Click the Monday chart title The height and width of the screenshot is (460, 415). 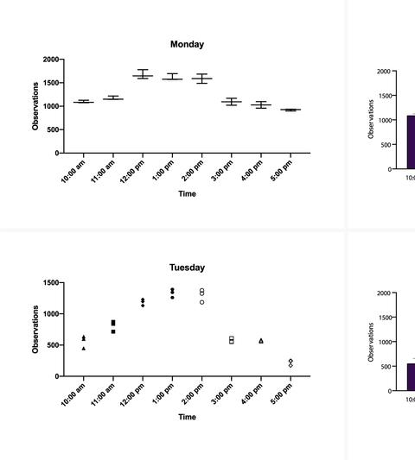coord(187,44)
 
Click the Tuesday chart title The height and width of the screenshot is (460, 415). coord(187,268)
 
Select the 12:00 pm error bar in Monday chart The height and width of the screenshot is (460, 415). coord(143,74)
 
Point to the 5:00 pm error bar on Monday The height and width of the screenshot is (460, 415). coord(290,110)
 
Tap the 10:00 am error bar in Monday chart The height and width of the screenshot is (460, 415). coord(84,102)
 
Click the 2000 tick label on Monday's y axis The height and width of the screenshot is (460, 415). coord(51,60)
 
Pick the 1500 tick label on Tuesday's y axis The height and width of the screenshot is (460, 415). coord(51,283)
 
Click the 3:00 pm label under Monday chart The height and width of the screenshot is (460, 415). coord(222,171)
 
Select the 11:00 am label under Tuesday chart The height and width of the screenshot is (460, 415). coord(103,394)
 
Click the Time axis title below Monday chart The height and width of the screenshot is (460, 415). coord(187,194)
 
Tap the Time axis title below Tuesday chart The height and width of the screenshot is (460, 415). coord(187,417)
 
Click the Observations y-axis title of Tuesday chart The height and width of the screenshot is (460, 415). coord(35,330)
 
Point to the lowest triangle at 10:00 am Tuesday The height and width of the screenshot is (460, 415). coord(84,349)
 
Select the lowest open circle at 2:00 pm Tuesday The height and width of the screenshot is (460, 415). coord(202,302)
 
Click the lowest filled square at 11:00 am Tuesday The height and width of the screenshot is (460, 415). coord(113,331)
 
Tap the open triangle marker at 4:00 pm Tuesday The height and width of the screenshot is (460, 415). coord(261,341)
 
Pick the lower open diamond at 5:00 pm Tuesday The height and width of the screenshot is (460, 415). coord(290,366)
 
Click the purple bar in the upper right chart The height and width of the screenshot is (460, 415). coord(412,142)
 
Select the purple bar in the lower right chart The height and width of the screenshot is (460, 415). coord(412,377)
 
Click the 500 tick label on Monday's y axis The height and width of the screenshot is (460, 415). coord(53,129)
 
